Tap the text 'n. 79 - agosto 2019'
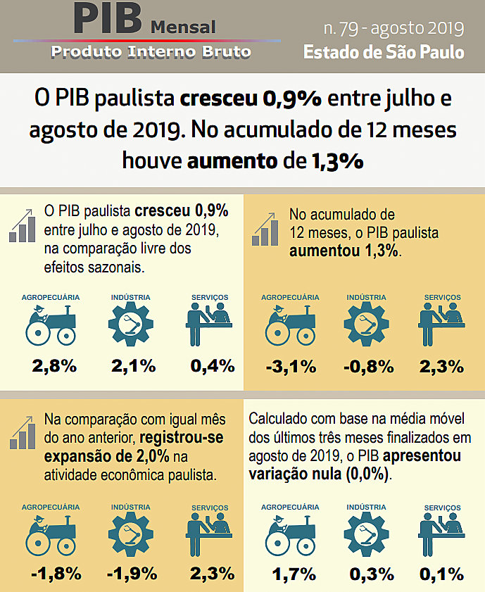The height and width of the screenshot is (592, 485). click(x=393, y=28)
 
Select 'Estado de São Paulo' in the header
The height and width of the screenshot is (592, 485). click(x=384, y=52)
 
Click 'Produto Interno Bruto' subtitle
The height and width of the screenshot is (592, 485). click(x=151, y=51)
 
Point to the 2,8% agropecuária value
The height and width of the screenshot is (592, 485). click(x=54, y=366)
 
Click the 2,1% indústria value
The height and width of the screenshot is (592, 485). click(x=133, y=366)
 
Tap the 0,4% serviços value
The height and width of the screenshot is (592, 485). click(x=212, y=366)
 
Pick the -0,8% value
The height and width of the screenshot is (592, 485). click(x=366, y=366)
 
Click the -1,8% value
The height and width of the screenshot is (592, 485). click(x=54, y=574)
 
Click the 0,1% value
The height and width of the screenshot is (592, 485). click(x=441, y=574)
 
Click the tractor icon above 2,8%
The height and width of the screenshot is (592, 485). click(x=51, y=325)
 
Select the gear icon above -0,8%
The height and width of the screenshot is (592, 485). click(x=366, y=325)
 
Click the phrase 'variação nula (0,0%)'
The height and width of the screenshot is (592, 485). click(x=319, y=474)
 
